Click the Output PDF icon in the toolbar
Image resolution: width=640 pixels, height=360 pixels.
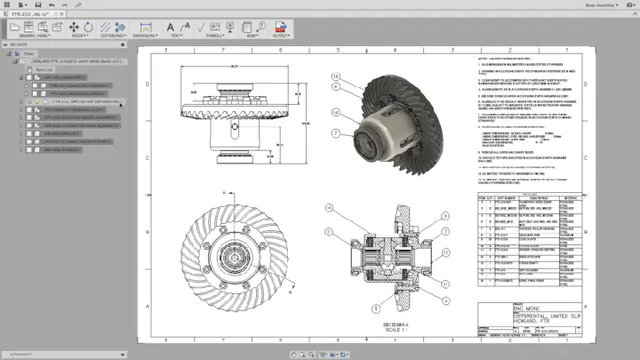point(278,28)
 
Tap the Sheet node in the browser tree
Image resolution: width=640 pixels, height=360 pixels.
point(28,53)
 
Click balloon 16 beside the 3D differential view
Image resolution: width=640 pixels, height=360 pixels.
point(336,76)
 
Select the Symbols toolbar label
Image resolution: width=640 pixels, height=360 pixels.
point(214,36)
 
